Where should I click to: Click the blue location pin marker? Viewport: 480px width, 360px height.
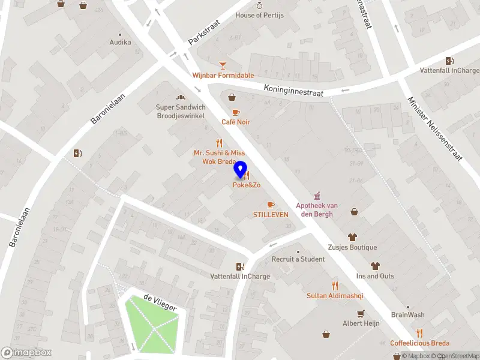tap(241, 170)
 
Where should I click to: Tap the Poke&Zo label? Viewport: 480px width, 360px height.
tap(247, 185)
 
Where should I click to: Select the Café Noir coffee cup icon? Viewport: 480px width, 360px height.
tap(236, 112)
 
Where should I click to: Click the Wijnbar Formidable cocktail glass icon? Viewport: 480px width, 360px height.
tap(223, 65)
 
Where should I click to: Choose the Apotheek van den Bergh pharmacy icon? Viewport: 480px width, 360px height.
tap(317, 196)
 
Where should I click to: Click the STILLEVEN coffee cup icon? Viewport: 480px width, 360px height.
tap(271, 205)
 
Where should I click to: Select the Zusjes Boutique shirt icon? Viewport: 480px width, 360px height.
tap(352, 237)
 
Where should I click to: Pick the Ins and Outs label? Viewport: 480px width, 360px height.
tap(375, 276)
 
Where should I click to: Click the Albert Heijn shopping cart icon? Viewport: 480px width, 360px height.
tap(361, 313)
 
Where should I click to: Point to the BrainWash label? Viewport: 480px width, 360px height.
tap(407, 315)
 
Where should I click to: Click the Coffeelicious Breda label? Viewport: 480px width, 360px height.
tap(419, 343)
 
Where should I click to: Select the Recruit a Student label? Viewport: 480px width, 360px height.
tap(298, 259)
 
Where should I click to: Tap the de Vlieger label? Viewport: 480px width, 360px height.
tap(160, 303)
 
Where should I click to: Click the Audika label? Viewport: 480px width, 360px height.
tap(120, 43)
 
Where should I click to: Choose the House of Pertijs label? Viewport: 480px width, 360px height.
tap(259, 15)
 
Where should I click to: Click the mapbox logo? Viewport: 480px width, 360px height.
tap(26, 353)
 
